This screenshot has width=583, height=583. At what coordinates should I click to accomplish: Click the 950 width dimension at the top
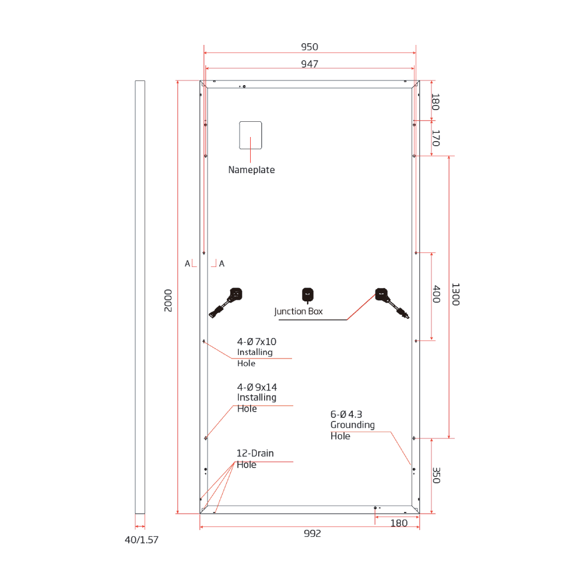tap(310, 47)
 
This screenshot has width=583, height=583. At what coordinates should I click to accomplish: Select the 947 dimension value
tap(310, 64)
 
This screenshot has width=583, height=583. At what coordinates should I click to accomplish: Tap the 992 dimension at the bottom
tap(312, 533)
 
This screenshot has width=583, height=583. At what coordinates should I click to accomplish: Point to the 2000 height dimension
tap(168, 300)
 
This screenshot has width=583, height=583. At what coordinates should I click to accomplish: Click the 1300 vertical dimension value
tap(455, 294)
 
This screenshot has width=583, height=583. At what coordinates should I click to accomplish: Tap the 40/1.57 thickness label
tap(142, 540)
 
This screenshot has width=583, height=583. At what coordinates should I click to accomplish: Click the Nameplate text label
tap(251, 170)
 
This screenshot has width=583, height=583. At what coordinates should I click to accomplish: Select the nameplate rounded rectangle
tap(251, 135)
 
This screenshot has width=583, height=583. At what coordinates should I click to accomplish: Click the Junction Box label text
tap(298, 311)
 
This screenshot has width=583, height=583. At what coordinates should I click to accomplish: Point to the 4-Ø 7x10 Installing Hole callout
tap(257, 352)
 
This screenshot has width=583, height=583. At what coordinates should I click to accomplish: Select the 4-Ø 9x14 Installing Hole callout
tap(257, 398)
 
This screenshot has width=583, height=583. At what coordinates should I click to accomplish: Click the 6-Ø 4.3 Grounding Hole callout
tap(352, 425)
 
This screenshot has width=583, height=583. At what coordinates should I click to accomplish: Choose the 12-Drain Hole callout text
tap(255, 459)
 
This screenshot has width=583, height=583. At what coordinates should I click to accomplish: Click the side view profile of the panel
tap(140, 297)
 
